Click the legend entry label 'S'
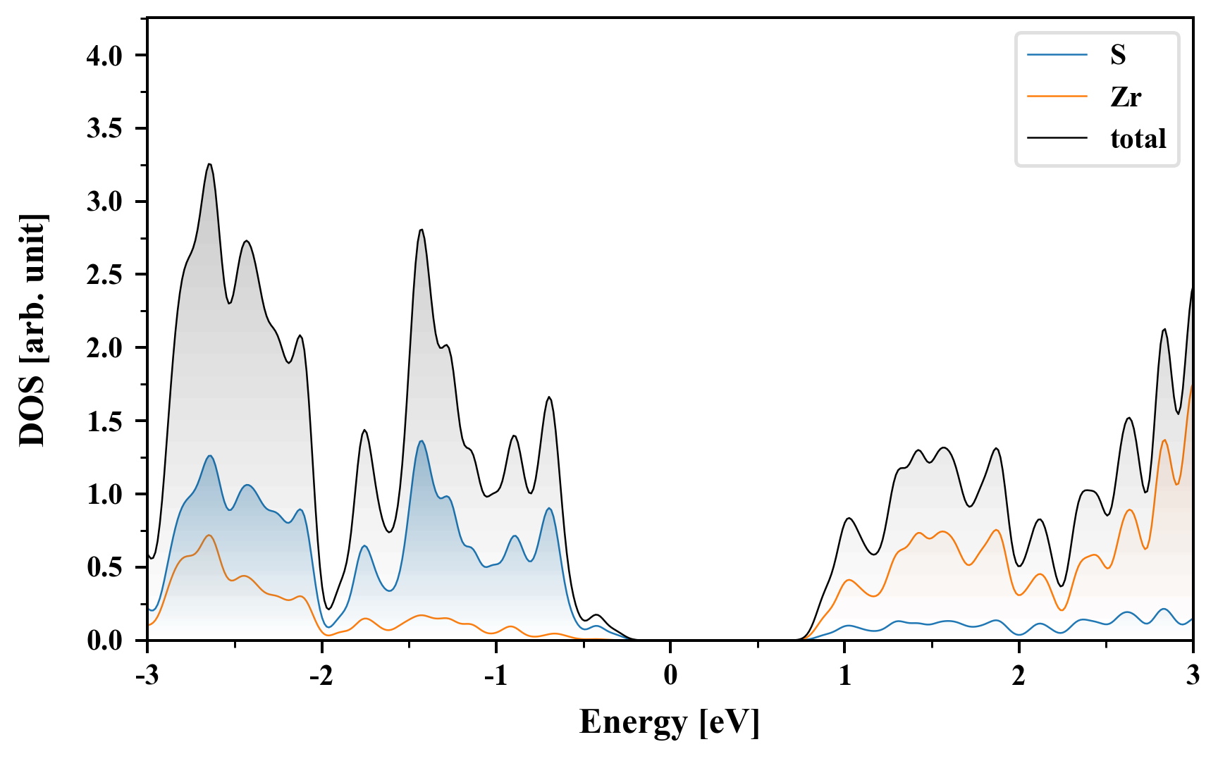(1118, 55)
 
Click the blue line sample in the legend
(1057, 55)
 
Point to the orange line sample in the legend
(1057, 97)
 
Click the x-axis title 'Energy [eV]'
(670, 722)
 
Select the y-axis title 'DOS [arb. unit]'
(32, 330)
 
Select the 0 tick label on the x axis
(670, 675)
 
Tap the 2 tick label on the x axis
(1019, 675)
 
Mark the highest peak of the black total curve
(209, 164)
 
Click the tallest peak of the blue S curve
(422, 441)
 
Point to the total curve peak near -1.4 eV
(421, 230)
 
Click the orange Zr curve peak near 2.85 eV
(1164, 440)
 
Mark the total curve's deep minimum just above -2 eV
(328, 610)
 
